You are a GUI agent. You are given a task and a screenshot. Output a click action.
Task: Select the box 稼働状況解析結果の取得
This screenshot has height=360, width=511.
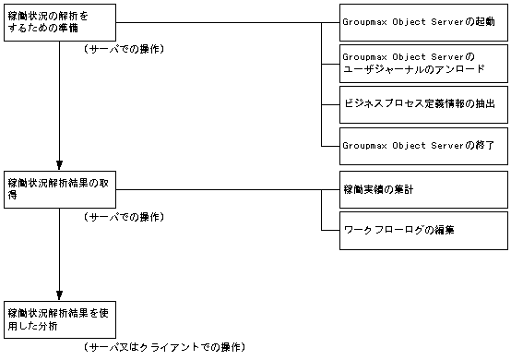pyautogui.click(x=60, y=189)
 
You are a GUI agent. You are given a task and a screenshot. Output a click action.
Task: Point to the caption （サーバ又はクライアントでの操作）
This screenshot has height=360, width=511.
pyautogui.click(x=164, y=347)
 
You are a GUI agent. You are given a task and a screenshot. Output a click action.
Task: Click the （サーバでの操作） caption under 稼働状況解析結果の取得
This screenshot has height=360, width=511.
pyautogui.click(x=124, y=216)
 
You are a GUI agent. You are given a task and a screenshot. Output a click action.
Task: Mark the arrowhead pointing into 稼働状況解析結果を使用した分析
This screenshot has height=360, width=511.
pyautogui.click(x=60, y=294)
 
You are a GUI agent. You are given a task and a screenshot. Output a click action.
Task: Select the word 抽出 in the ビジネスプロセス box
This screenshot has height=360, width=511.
pyautogui.click(x=482, y=104)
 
